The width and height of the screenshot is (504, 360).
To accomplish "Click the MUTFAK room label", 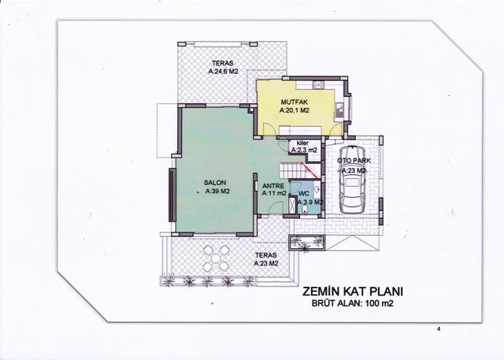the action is (294, 102).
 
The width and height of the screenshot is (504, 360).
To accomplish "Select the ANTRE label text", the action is (273, 186).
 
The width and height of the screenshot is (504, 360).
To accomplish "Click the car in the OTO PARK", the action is (353, 179).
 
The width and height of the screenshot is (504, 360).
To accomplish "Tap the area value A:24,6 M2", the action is (223, 72).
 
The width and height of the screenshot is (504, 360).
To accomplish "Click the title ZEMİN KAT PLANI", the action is (353, 291).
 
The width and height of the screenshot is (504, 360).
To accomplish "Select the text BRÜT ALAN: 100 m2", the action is (352, 303).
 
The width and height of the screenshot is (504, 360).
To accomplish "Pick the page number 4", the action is (439, 328).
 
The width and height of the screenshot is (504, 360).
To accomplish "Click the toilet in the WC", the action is (305, 210).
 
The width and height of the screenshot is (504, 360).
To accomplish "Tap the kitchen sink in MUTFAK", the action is (339, 112).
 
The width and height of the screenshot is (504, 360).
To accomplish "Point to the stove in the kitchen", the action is (318, 85).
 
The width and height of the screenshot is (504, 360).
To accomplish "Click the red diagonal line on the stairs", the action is (309, 170).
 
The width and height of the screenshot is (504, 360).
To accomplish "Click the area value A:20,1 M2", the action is (294, 110).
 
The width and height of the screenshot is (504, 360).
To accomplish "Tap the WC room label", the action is (304, 194).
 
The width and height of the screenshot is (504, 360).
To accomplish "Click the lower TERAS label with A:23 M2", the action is (266, 259).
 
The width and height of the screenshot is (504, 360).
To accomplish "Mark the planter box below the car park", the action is (306, 243).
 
